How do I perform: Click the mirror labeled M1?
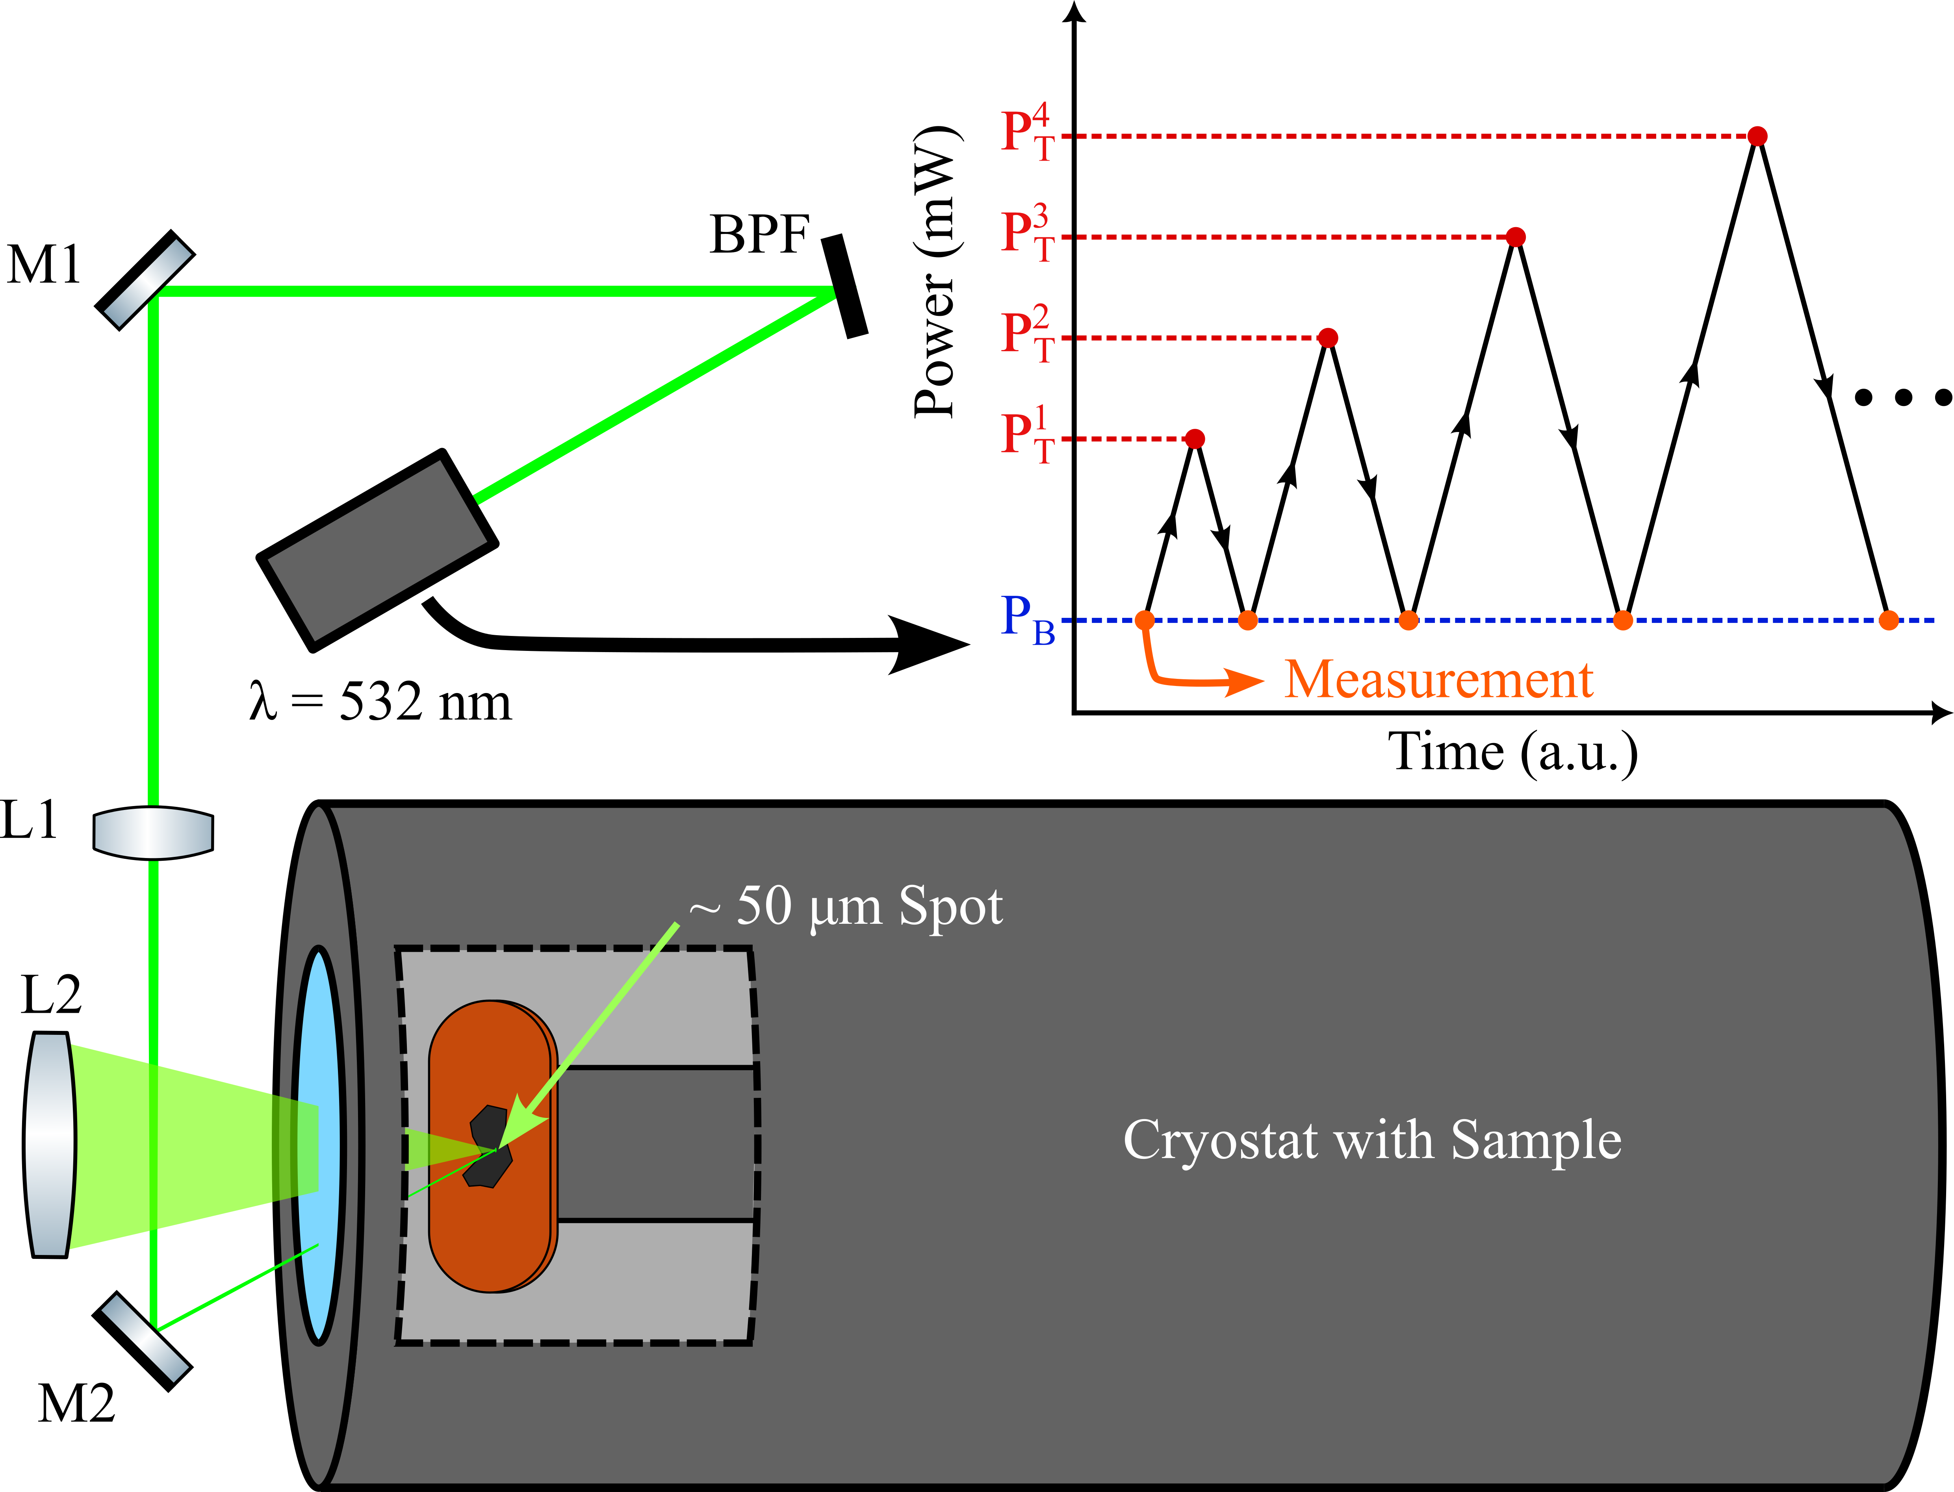tap(145, 281)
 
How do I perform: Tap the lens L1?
tap(153, 832)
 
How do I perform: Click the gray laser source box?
tap(377, 550)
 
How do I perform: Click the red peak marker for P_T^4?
tap(1757, 136)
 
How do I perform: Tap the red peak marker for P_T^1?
tap(1195, 439)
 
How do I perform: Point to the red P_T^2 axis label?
tap(1028, 336)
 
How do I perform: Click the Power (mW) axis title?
tap(935, 271)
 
